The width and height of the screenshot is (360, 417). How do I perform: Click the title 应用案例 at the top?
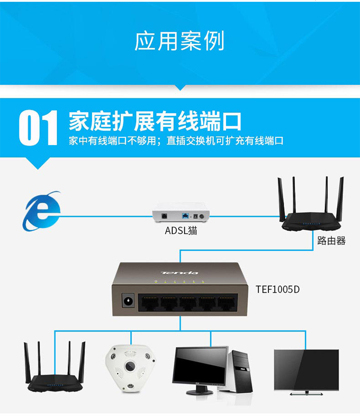pos(180,41)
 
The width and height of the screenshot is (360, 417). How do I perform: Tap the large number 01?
pos(38,128)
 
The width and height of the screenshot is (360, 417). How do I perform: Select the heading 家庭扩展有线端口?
pos(155,121)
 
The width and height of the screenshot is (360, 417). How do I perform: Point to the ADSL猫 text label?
pos(181,230)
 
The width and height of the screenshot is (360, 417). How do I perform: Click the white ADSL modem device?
pos(181,212)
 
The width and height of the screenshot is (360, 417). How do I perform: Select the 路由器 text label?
pos(331,241)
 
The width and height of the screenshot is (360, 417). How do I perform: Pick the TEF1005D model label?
pos(277,289)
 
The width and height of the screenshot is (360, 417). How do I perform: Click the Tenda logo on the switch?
pos(180,272)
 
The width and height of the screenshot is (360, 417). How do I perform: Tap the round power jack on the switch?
pos(128,301)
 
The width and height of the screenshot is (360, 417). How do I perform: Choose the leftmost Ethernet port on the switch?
pos(149,303)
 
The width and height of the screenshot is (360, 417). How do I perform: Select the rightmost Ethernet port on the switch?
pos(227,303)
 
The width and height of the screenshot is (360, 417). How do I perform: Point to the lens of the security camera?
pos(131,366)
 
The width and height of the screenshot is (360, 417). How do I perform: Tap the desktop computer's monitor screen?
pos(200,365)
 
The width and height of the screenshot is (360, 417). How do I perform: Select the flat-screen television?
pos(307,372)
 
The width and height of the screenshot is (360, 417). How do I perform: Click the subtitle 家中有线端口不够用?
pos(113,141)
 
